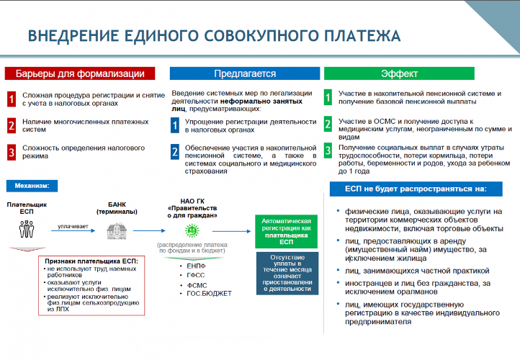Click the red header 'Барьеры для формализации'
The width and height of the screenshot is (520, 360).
80,73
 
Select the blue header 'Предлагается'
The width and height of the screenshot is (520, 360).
245,73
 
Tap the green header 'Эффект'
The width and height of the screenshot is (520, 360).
399,73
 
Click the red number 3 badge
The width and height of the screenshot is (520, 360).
12,152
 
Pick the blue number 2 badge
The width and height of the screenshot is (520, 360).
175,152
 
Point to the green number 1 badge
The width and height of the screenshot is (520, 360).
328,97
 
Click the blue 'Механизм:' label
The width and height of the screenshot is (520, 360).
32,186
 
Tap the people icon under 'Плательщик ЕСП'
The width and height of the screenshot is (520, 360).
27,229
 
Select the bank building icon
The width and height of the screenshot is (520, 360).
117,231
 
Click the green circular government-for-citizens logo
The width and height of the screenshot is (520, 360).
192,230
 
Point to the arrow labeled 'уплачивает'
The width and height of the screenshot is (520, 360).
73,230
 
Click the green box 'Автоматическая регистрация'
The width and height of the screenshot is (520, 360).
286,231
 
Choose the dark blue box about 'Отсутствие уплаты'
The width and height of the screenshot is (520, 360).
287,273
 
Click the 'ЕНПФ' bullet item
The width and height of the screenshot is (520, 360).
196,266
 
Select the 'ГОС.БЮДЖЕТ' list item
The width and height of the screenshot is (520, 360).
209,293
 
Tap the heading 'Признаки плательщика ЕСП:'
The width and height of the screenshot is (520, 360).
91,261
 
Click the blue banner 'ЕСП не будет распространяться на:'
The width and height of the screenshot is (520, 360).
416,189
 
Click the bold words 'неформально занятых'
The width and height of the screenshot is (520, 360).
261,101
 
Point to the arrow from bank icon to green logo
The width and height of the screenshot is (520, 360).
149,230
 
